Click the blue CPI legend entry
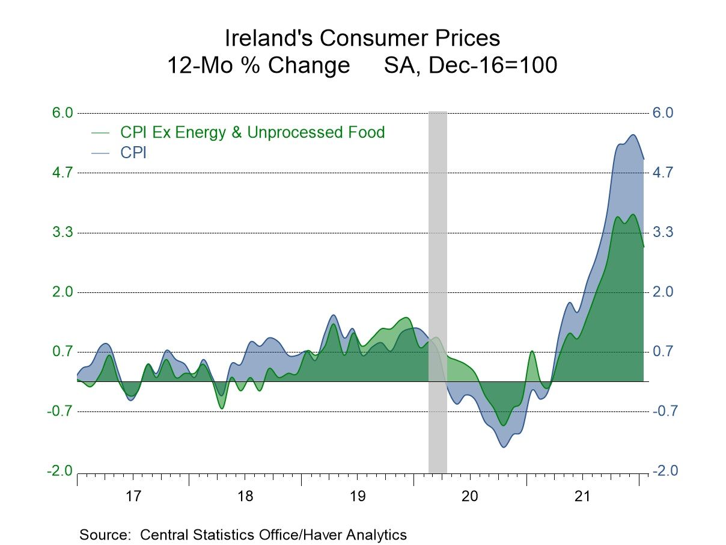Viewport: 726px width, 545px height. (x=133, y=153)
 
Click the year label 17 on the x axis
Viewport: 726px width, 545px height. (x=133, y=497)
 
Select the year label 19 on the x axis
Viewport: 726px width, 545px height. (x=357, y=497)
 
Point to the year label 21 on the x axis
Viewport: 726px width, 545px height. (x=582, y=497)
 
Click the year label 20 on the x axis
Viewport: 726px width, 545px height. (x=469, y=497)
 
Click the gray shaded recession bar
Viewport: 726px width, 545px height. (x=437, y=241)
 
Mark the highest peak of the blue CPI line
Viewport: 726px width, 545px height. (x=633, y=135)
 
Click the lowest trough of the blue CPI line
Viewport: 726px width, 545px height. (x=503, y=446)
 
